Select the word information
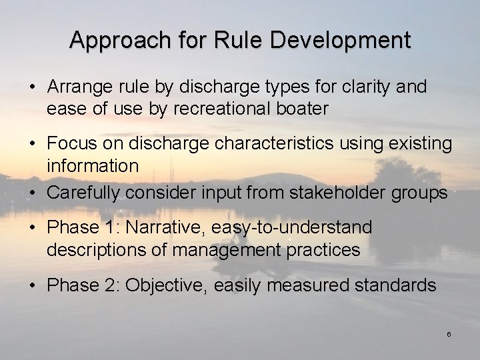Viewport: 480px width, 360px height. coord(93,165)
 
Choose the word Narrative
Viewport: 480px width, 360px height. coord(163,228)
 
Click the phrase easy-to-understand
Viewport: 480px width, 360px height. coord(291,228)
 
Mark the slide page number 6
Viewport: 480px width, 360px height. coord(449,334)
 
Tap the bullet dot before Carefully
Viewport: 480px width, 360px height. coord(33,194)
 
